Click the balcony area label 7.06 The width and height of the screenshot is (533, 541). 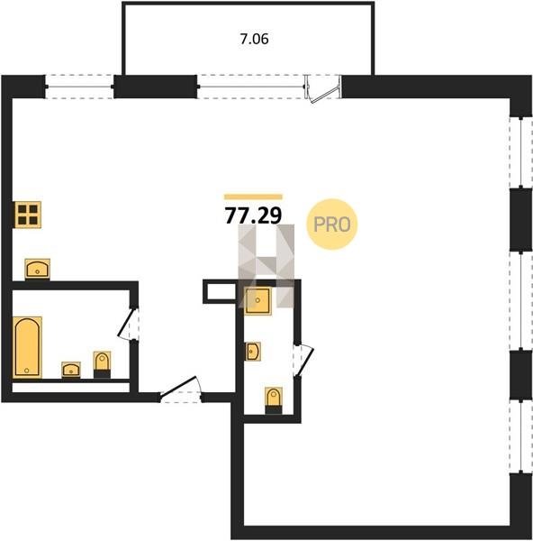254,39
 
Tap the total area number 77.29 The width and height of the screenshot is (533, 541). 253,215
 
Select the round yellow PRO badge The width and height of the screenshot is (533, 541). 332,225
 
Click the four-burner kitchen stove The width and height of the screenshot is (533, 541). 28,215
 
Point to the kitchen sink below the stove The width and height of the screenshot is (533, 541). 38,269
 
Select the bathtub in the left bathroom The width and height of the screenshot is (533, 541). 27,347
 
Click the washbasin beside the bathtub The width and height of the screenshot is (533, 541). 71,370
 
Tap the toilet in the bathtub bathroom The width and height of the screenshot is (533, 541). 102,364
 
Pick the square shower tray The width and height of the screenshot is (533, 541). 257,301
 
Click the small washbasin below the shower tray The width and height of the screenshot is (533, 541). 253,352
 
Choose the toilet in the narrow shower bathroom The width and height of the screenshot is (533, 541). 274,400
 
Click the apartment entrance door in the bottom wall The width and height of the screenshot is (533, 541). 181,390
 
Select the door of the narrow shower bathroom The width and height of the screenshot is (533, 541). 303,361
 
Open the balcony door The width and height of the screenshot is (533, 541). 323,88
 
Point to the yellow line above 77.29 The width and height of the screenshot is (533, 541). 253,197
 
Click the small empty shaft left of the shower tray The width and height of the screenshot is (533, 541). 221,291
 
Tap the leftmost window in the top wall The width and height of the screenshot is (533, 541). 79,87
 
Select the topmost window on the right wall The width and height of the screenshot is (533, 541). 521,153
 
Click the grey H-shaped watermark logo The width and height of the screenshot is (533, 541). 266,266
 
